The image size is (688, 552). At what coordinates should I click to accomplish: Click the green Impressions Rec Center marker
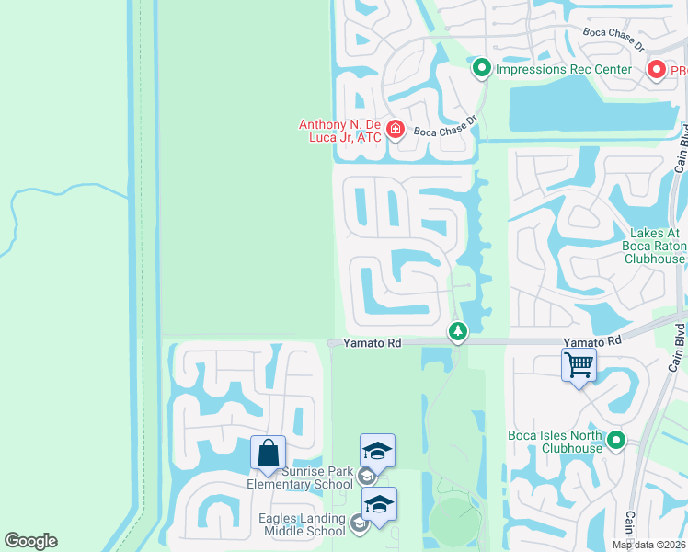point(481,68)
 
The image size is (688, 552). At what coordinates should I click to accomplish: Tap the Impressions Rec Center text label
point(563,69)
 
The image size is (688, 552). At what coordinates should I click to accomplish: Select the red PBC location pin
point(657,70)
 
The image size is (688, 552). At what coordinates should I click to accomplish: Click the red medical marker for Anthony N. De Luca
point(396,130)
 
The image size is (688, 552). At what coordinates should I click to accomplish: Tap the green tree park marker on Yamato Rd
point(457,331)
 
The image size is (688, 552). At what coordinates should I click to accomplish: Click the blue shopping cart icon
point(579,364)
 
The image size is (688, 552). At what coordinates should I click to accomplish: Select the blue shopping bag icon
point(268,452)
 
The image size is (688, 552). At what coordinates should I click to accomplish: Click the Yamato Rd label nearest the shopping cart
point(591,341)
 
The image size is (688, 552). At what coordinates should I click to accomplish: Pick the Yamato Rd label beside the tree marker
point(373,343)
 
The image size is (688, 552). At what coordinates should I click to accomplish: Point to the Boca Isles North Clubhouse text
point(555,442)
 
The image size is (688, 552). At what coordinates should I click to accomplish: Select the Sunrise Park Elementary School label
point(300,477)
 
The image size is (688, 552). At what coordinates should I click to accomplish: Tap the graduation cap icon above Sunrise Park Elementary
point(377,451)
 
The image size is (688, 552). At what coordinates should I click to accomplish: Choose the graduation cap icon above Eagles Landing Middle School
point(379,504)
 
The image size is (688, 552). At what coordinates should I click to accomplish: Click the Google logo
point(30,541)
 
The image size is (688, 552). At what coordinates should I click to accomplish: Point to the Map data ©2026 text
point(649,545)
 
